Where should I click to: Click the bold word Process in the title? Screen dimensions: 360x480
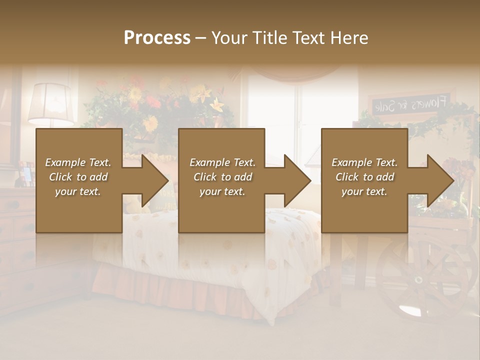tap(157, 38)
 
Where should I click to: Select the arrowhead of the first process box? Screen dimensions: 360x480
tap(154, 180)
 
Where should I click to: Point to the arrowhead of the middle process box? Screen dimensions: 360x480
tap(296, 180)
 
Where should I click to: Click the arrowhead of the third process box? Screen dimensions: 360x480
tap(439, 180)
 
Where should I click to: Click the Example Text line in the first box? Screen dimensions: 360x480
tap(78, 162)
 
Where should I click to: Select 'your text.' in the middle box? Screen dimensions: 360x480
tap(222, 191)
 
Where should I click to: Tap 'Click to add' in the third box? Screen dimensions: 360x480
tap(364, 177)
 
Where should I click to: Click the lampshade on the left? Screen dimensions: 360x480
tap(50, 103)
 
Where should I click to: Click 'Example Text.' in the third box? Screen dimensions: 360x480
tap(364, 162)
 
